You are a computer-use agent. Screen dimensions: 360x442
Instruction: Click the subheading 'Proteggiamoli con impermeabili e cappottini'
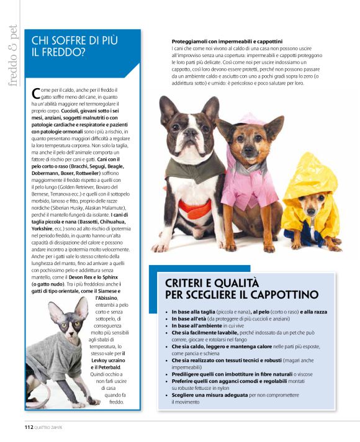223,41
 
